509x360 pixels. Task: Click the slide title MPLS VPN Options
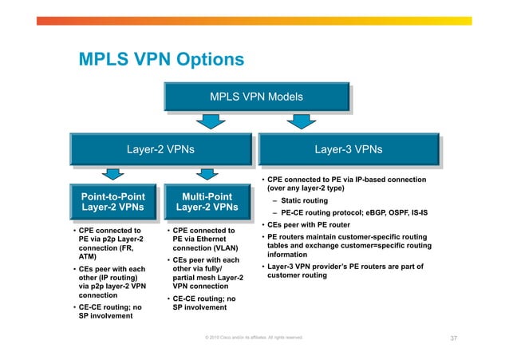160,60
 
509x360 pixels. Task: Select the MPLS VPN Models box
255,97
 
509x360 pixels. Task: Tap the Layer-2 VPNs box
161,149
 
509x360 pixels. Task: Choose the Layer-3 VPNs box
349,149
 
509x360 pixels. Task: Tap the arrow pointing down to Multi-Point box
207,174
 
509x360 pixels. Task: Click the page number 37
453,338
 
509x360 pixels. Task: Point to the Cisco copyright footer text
254,338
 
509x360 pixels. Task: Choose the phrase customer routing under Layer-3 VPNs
297,275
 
